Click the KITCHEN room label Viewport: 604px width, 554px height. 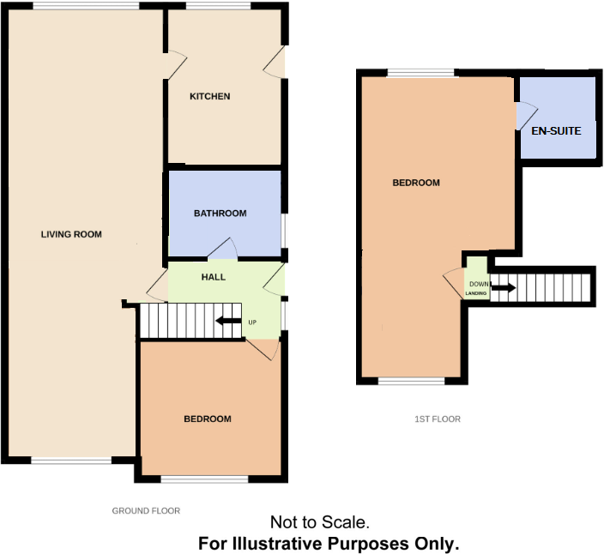click(209, 96)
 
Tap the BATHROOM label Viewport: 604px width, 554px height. click(220, 214)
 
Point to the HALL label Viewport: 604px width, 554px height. click(213, 277)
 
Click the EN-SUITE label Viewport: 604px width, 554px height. click(556, 131)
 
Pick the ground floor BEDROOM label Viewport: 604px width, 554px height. click(208, 419)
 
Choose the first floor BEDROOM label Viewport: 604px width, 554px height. click(416, 183)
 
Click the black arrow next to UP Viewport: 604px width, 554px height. click(227, 322)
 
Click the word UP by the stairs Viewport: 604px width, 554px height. click(252, 322)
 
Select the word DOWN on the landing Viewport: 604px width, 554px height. click(478, 284)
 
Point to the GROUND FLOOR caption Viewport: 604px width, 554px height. click(146, 510)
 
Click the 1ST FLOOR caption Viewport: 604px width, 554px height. click(438, 419)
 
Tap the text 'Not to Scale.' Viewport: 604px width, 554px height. click(319, 521)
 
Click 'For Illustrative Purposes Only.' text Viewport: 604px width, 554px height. click(329, 543)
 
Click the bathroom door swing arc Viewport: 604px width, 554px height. click(223, 249)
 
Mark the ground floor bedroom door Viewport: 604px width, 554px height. click(263, 348)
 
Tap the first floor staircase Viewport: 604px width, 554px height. click(549, 286)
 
